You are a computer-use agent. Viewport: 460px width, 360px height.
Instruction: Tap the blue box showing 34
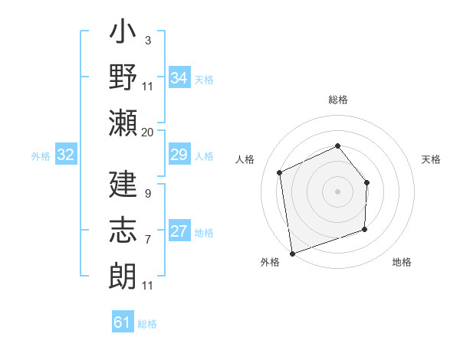179,77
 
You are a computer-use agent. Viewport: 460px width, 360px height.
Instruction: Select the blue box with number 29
179,155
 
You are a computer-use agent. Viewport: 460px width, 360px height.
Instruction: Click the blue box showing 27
179,232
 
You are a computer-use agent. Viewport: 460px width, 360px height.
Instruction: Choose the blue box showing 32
66,155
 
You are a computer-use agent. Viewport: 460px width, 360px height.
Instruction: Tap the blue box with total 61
123,322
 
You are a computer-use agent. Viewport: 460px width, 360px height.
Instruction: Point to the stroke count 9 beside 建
147,194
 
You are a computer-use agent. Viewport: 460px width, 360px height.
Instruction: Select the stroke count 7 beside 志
147,240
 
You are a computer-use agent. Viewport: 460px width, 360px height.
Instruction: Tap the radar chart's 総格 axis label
337,100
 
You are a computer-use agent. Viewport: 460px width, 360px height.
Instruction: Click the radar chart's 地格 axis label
402,263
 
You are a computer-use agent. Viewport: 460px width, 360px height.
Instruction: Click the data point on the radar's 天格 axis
367,182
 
